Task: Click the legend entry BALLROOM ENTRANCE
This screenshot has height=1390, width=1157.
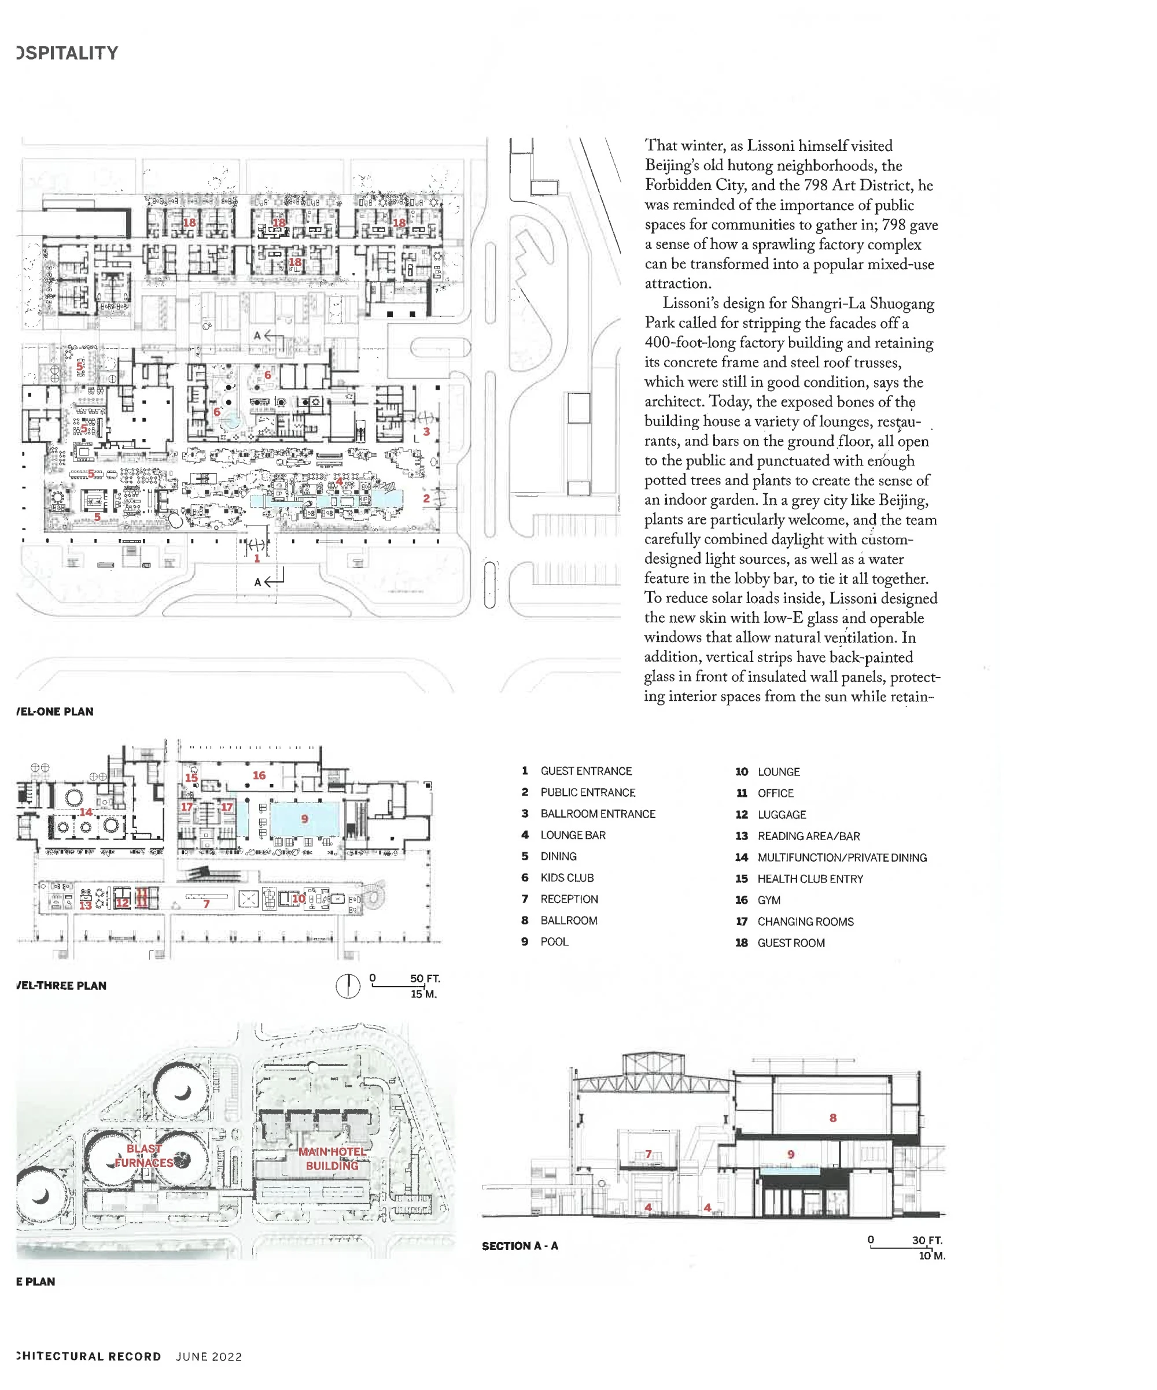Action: point(598,814)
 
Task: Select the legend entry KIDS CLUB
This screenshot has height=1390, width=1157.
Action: point(567,878)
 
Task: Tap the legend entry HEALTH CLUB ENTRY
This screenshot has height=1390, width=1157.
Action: point(810,879)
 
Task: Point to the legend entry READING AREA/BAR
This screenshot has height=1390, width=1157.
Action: point(809,836)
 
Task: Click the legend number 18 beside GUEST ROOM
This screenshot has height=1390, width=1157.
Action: point(741,942)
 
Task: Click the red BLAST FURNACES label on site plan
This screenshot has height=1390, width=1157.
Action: point(143,1156)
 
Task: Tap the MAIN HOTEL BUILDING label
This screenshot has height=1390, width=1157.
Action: point(332,1158)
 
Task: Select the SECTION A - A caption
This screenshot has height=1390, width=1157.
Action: point(520,1245)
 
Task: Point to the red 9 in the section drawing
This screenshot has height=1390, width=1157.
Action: point(791,1154)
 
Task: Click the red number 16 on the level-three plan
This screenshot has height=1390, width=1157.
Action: point(259,775)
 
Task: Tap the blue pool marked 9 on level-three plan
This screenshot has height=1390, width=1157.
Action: point(305,819)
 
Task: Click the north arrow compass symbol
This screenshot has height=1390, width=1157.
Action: point(348,986)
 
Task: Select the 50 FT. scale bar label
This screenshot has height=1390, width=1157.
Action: point(425,978)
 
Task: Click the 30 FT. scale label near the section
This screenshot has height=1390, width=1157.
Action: point(927,1240)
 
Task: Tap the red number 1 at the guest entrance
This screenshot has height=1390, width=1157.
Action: point(257,559)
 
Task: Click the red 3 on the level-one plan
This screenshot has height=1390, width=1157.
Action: point(426,431)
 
